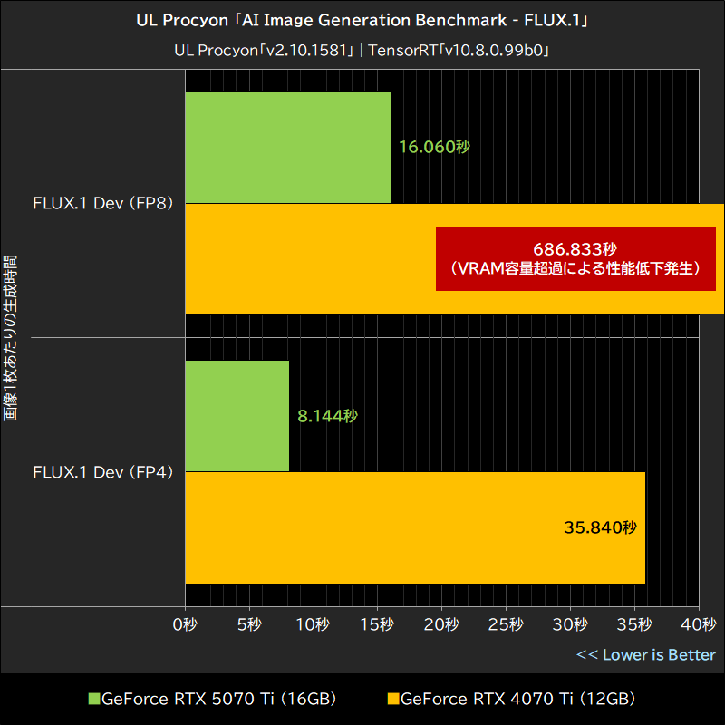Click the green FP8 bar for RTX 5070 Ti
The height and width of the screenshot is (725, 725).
287,147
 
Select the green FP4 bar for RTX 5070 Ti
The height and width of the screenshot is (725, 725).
237,416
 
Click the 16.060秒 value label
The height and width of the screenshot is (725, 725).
434,147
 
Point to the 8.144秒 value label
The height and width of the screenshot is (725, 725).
327,416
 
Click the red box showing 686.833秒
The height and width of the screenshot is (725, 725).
575,259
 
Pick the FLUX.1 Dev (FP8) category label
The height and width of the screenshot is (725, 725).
110,203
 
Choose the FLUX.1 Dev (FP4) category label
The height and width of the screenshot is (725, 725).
110,472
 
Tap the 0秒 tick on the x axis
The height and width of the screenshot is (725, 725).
185,624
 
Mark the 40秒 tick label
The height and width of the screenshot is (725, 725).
698,624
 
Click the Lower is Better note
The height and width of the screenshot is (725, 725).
646,654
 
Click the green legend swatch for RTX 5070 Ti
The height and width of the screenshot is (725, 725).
93,699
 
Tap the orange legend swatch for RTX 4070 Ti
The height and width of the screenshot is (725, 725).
392,699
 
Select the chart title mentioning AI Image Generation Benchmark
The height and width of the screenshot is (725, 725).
362,20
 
